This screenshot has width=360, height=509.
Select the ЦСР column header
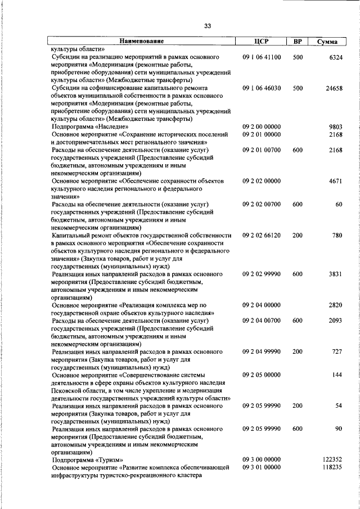pyautogui.click(x=261, y=42)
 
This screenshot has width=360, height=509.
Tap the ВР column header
pyautogui.click(x=298, y=42)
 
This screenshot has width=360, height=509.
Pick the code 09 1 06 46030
pyautogui.click(x=262, y=88)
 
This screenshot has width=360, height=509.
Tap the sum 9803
pyautogui.click(x=335, y=127)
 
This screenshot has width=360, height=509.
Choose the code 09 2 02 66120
pyautogui.click(x=262, y=235)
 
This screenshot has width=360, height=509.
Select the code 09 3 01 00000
pyautogui.click(x=262, y=467)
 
